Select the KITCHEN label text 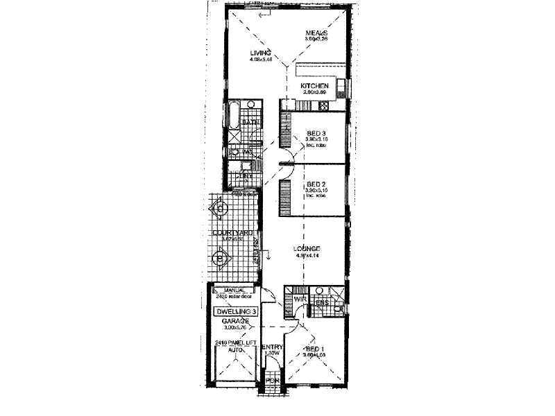[314, 85]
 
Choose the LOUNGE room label [306, 248]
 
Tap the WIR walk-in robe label [300, 299]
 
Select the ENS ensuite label [323, 302]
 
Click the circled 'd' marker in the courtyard [220, 207]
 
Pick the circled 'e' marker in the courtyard [220, 259]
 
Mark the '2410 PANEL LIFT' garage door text [232, 343]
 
